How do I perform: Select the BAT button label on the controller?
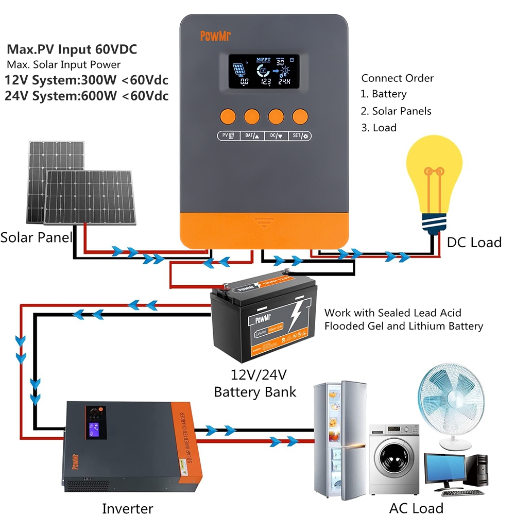(x=252, y=136)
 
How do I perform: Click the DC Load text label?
(x=474, y=242)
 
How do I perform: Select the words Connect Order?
(x=397, y=78)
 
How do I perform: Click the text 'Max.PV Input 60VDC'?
(x=72, y=50)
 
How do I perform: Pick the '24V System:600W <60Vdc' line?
(x=87, y=96)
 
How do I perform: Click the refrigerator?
(x=340, y=440)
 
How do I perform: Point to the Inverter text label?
(x=127, y=508)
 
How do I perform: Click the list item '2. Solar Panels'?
(x=396, y=111)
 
